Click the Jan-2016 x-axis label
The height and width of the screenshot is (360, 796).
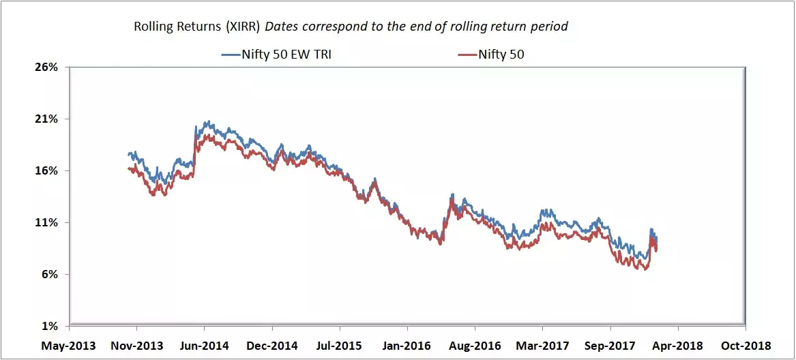click(407, 346)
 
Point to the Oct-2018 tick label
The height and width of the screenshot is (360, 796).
click(746, 346)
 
